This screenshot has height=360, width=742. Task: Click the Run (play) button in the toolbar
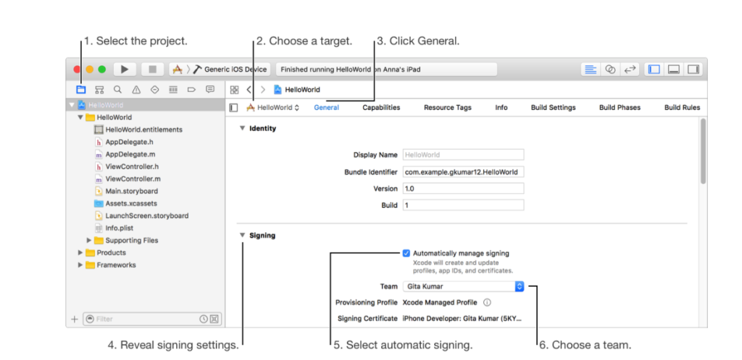click(125, 70)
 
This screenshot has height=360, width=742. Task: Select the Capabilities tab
click(381, 107)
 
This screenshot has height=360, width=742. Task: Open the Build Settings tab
click(553, 107)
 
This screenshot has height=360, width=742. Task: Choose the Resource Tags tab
click(448, 107)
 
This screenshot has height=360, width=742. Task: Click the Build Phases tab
click(620, 107)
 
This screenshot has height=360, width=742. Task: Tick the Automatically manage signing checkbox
click(406, 253)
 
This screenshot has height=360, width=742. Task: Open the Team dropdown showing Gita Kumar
click(463, 286)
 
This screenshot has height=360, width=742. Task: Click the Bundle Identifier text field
click(463, 172)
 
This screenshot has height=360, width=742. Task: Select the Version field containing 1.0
click(463, 188)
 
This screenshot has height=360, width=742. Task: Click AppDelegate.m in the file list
click(130, 154)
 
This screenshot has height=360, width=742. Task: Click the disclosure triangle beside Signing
click(242, 235)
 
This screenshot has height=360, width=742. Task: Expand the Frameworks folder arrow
click(80, 265)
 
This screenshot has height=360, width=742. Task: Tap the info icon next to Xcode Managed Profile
click(487, 302)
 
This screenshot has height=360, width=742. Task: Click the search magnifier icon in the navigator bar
click(117, 89)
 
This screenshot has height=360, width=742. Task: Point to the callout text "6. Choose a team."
click(585, 345)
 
